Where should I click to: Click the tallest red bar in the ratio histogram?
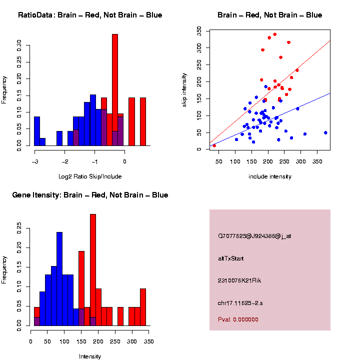[x=114, y=90]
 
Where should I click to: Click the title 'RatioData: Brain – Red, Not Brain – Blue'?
[x=90, y=15]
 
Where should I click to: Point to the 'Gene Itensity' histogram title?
[x=90, y=194]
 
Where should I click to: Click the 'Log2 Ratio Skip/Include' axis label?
[x=90, y=176]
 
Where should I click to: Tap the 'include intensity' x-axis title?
[x=270, y=176]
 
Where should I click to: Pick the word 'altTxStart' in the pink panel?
[x=231, y=258]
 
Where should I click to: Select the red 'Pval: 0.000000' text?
[x=238, y=319]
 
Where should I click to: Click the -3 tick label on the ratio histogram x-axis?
[x=34, y=161]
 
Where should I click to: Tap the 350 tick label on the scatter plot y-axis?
[x=199, y=31]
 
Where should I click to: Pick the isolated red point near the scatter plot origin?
[x=214, y=145]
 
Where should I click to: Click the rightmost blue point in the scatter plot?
[x=325, y=132]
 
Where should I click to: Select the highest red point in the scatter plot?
[x=274, y=34]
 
